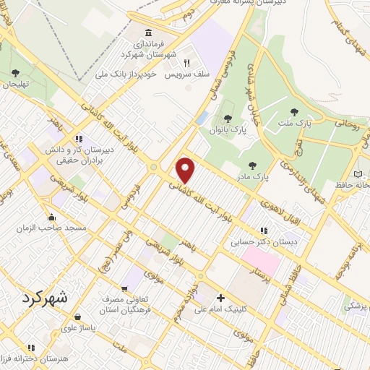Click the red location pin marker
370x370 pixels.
pyautogui.click(x=186, y=170)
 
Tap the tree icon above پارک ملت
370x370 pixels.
pyautogui.click(x=293, y=112)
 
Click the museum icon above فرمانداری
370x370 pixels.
pyautogui.click(x=149, y=33)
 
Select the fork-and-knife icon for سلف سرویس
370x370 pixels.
pyautogui.click(x=186, y=63)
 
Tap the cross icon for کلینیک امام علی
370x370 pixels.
pyautogui.click(x=220, y=298)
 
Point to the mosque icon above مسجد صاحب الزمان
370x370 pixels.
pyautogui.click(x=51, y=217)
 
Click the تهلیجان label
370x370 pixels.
pyautogui.click(x=15, y=83)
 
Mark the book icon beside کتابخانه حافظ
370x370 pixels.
pyautogui.click(x=359, y=175)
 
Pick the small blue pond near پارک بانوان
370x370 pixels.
pyautogui.click(x=203, y=117)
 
